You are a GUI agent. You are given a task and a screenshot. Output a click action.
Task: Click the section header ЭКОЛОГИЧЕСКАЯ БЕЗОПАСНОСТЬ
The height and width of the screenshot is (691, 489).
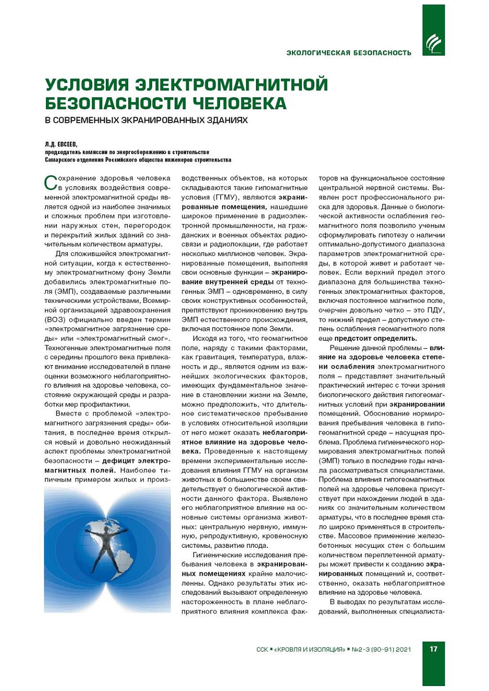[x=349, y=53]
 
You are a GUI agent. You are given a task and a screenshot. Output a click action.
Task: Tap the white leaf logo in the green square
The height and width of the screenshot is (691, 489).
[x=433, y=44]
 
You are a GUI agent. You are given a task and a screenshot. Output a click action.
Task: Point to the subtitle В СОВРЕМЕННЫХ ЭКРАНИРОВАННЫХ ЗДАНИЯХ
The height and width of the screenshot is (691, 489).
[x=146, y=120]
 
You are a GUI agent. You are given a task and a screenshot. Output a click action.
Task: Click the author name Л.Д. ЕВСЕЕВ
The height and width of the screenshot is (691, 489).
[x=61, y=145]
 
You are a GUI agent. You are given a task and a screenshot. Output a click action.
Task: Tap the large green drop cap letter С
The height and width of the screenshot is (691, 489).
[x=51, y=183]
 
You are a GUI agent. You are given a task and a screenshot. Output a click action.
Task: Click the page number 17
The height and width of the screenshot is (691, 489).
[x=433, y=649]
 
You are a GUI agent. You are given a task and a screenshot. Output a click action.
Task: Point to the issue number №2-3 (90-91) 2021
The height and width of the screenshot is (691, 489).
[x=381, y=649]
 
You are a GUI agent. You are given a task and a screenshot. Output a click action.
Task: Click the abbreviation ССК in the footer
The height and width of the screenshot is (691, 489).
[x=262, y=649]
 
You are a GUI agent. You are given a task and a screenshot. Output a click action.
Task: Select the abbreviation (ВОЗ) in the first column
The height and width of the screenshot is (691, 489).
[x=54, y=319]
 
